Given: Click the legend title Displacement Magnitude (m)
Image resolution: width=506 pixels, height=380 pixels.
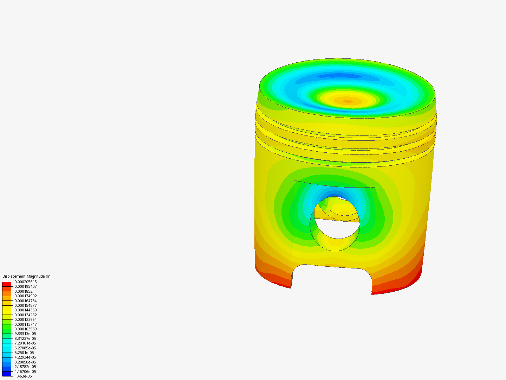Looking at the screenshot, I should click(27, 276).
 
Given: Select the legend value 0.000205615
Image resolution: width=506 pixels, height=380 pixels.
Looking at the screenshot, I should click(25, 282).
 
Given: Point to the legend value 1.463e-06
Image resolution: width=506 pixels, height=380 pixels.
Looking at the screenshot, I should click(23, 376).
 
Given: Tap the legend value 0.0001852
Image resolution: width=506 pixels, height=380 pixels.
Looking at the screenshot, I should click(23, 291).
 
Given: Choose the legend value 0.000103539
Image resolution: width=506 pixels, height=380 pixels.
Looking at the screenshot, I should click(25, 329).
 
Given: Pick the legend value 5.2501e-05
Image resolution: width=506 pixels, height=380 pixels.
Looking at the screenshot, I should click(24, 353).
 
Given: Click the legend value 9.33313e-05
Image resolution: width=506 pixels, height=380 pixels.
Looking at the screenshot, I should click(25, 334).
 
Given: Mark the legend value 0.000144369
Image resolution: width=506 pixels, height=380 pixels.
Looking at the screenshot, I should click(25, 310).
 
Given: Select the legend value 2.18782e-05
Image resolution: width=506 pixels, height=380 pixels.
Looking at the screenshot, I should click(25, 367).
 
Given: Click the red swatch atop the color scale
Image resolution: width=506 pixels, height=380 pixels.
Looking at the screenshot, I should click(7, 284).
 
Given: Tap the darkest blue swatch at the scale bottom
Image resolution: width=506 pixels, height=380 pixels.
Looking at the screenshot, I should click(7, 374).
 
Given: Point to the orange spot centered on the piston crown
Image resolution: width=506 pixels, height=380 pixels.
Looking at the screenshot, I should click(348, 101).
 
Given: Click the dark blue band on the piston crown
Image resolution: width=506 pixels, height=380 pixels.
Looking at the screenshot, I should click(339, 76).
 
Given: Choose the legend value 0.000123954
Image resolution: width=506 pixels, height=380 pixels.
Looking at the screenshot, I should click(25, 319).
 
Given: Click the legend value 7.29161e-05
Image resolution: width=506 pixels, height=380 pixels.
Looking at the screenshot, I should click(25, 343).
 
